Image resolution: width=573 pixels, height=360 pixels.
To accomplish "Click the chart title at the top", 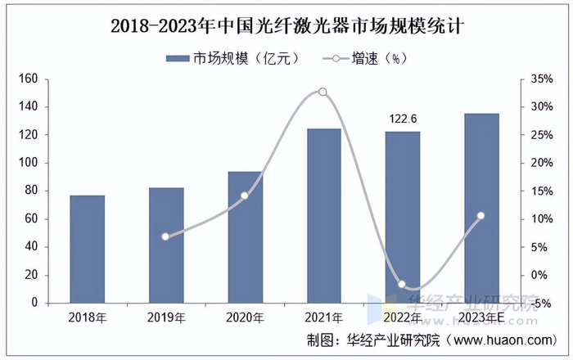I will click(x=286, y=25).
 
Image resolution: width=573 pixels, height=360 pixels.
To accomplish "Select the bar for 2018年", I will click(x=87, y=249).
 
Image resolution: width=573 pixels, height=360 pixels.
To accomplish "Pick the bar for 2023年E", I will click(x=481, y=208).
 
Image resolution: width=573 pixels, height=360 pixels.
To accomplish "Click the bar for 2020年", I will click(x=244, y=236).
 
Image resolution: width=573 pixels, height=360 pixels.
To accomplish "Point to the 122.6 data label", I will click(x=403, y=119).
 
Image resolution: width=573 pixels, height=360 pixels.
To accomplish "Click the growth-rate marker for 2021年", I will click(x=323, y=92).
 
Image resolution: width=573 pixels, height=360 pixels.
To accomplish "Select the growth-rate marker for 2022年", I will click(x=402, y=284).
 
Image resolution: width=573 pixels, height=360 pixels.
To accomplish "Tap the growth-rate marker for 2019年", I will click(x=165, y=236).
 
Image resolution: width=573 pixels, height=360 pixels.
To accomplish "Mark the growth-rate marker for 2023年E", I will click(x=481, y=216).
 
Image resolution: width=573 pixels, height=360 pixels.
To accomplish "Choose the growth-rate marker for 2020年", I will click(x=244, y=196).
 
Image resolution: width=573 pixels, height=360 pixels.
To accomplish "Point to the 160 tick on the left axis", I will click(x=29, y=79).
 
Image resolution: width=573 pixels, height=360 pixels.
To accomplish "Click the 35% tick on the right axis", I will click(x=542, y=79).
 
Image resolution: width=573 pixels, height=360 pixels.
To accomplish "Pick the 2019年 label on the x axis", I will click(x=165, y=317).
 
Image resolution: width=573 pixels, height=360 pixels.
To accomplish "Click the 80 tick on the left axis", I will click(x=31, y=191).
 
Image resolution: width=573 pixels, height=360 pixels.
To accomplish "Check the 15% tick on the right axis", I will click(x=542, y=191).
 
